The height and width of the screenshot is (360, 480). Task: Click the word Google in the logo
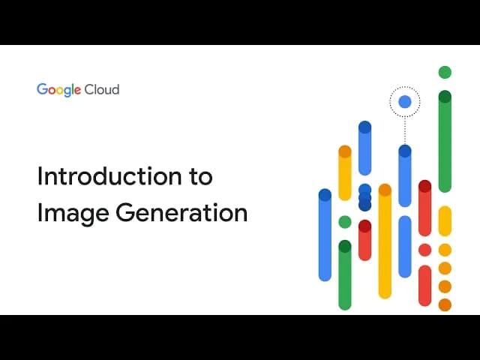tap(58, 89)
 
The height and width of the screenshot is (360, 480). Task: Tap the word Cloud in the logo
tap(102, 89)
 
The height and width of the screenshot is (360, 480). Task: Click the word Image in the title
tap(73, 212)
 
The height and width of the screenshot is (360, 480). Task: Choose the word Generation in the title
tap(181, 212)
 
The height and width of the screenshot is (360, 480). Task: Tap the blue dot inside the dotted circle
tap(405, 101)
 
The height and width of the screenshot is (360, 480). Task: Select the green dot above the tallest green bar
tap(445, 73)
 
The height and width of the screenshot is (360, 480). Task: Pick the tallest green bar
tap(445, 142)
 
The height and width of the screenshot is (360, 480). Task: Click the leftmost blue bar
tap(325, 235)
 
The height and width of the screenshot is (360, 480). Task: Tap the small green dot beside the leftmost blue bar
tap(345, 222)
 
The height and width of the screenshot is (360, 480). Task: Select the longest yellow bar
tap(385, 240)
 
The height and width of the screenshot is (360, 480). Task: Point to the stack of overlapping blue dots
tap(365, 197)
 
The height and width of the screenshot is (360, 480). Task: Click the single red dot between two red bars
tap(424, 250)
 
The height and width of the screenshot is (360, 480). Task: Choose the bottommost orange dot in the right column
tap(445, 304)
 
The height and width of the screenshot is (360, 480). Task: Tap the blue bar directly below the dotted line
tap(405, 176)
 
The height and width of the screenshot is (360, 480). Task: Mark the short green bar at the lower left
tap(345, 274)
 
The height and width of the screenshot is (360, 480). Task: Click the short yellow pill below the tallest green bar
tap(445, 221)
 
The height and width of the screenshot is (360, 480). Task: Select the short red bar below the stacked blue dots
tap(365, 240)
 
